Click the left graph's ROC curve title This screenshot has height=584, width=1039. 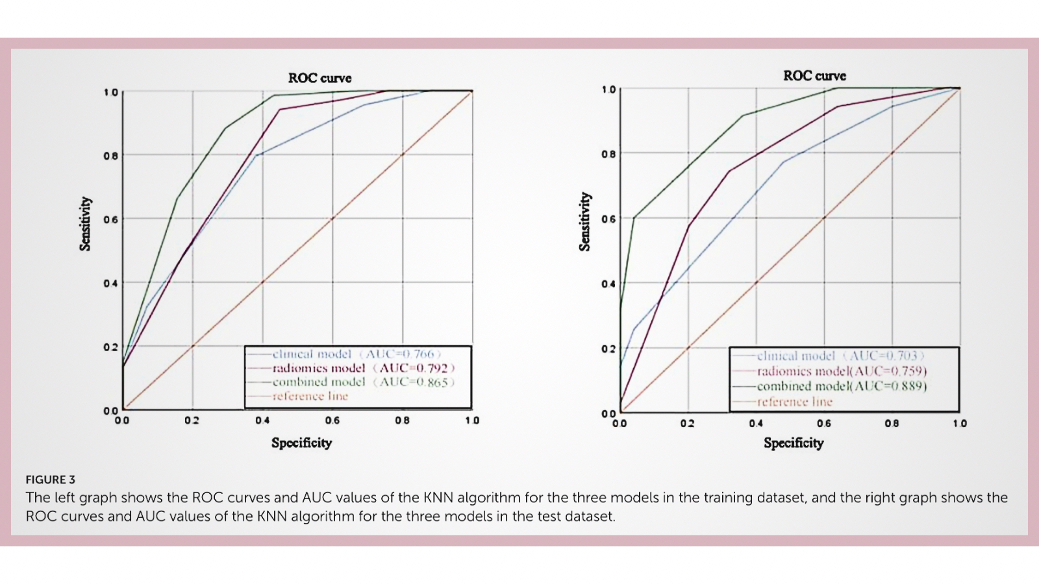click(x=319, y=78)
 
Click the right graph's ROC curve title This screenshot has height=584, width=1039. click(x=814, y=75)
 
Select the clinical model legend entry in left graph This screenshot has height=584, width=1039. click(x=356, y=354)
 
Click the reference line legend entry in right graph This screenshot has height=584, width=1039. click(x=794, y=402)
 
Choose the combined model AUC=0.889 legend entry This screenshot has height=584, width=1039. click(x=842, y=386)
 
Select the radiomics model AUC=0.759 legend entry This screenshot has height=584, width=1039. click(x=842, y=371)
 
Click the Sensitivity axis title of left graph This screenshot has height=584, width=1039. click(x=85, y=223)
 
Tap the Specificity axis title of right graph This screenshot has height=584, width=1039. click(x=794, y=443)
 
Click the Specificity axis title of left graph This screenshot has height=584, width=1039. click(x=301, y=443)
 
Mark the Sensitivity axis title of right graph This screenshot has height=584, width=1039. click(x=585, y=221)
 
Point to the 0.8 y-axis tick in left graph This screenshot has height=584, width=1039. click(x=110, y=156)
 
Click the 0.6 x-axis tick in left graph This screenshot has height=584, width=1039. click(x=332, y=420)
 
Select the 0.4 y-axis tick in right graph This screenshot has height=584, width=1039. click(x=608, y=284)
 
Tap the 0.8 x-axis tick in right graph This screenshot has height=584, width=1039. click(x=892, y=423)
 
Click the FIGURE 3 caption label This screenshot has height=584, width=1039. click(x=51, y=480)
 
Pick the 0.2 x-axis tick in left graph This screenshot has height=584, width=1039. click(x=192, y=420)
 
